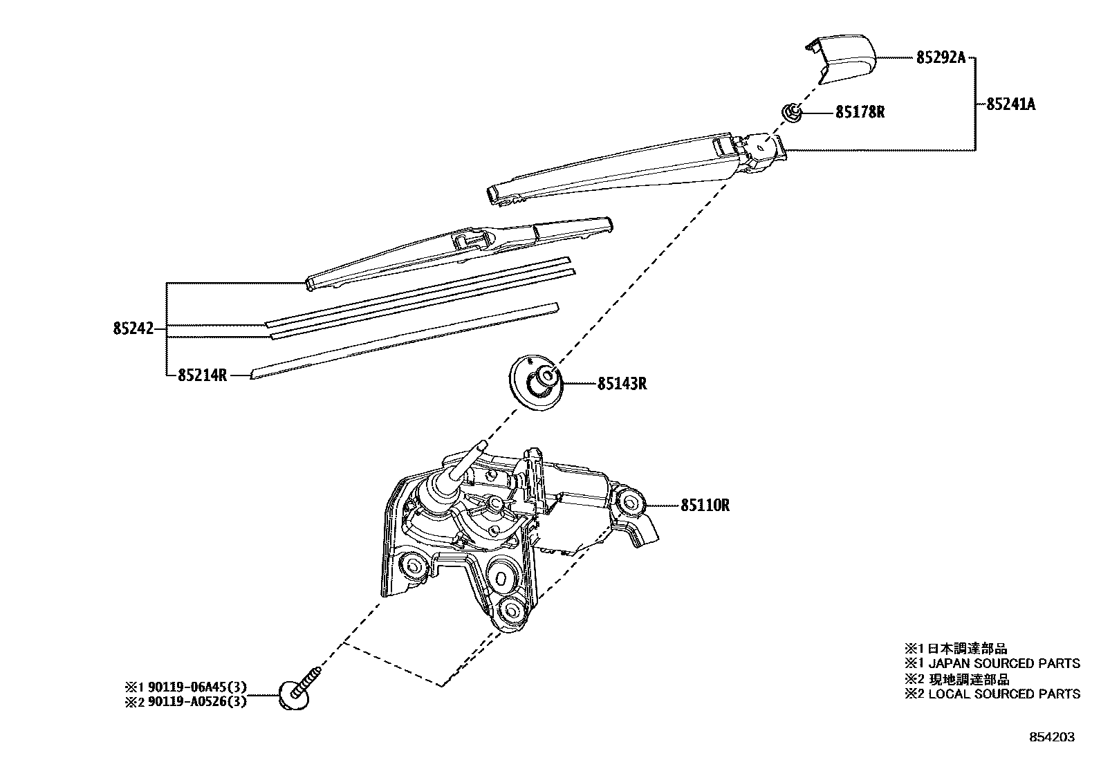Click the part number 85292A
(940, 58)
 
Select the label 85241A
(1010, 105)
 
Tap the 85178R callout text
(860, 112)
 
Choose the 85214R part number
(202, 376)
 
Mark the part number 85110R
(705, 506)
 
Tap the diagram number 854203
(1051, 737)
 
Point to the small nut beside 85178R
(792, 111)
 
